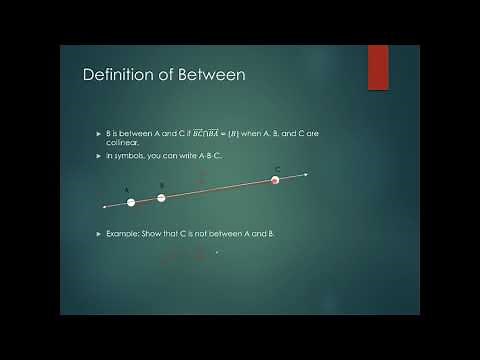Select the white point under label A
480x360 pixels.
(131, 202)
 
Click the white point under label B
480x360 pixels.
(162, 197)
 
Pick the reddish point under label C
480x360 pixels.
(275, 180)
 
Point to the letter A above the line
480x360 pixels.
(127, 190)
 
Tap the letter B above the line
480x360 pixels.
(161, 185)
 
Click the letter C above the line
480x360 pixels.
(277, 169)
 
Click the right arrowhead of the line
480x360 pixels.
(305, 175)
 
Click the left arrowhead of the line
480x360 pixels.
(104, 207)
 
